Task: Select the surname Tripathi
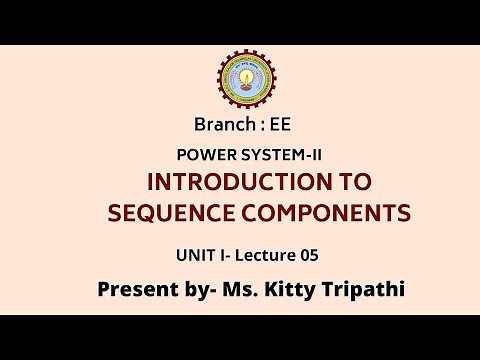[362, 289]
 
